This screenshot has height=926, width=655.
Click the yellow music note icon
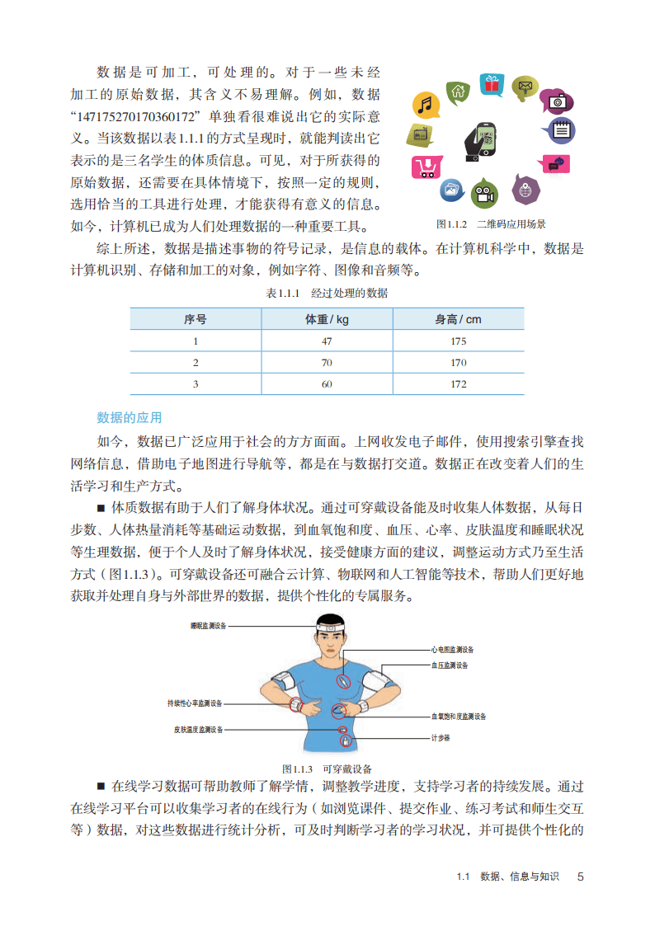click(x=425, y=105)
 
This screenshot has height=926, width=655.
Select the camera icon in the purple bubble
click(x=558, y=101)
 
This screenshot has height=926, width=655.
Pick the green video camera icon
click(x=484, y=195)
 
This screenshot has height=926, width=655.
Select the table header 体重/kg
click(x=327, y=318)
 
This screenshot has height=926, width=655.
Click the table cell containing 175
click(x=459, y=341)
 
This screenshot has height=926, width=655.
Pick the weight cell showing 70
click(x=327, y=362)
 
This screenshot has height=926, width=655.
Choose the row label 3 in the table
click(x=196, y=383)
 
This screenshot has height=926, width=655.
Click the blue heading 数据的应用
click(x=130, y=417)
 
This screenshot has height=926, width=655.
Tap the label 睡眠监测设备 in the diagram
click(x=208, y=626)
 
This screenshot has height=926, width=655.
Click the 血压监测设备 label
click(x=450, y=665)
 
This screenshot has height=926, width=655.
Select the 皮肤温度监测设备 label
click(x=199, y=729)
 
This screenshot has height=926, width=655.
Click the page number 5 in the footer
click(x=580, y=877)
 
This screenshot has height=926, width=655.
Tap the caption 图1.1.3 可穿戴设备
click(x=327, y=766)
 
